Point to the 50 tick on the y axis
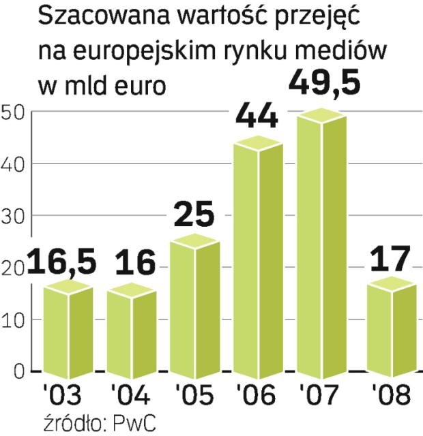click(13, 112)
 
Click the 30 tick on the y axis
click(13, 216)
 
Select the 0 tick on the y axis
click(18, 372)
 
